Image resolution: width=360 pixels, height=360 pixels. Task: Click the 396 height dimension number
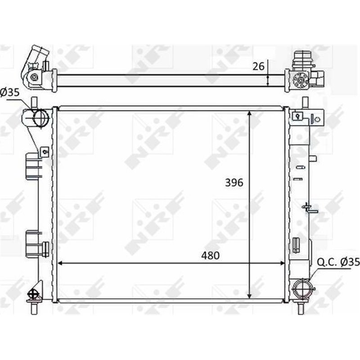[234, 182]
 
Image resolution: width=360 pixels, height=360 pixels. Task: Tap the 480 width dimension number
[210, 256]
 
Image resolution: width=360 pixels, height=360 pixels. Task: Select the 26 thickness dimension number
[258, 67]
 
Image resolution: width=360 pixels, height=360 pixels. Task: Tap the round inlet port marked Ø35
[40, 118]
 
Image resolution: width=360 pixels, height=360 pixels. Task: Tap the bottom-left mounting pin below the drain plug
[34, 308]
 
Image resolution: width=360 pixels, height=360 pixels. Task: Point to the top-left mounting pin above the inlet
[34, 102]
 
